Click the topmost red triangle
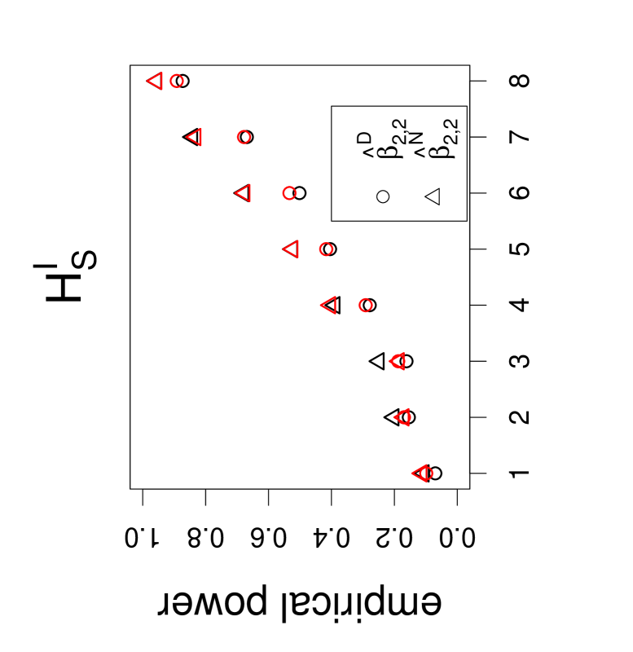click(x=156, y=81)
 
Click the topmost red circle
click(x=177, y=81)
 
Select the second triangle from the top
click(x=195, y=137)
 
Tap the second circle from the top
click(x=244, y=137)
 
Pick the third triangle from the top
click(x=244, y=193)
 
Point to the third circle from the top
click(x=289, y=193)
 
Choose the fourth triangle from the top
click(x=292, y=249)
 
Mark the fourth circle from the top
click(x=326, y=249)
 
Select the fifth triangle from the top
click(x=329, y=305)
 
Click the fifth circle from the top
click(x=366, y=305)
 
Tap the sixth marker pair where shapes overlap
click(x=398, y=361)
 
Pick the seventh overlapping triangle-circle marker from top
click(x=403, y=417)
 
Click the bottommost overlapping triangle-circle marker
click(x=423, y=473)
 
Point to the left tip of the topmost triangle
click(x=147, y=81)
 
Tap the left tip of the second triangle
click(x=187, y=137)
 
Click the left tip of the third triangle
click(x=235, y=193)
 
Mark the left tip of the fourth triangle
click(x=284, y=249)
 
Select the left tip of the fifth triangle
click(x=321, y=305)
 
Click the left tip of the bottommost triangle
click(x=412, y=473)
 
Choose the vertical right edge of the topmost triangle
click(x=161, y=81)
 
